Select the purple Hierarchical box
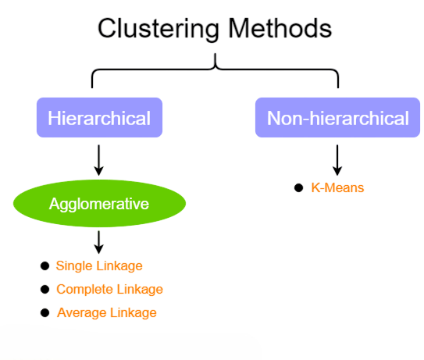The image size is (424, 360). point(99,119)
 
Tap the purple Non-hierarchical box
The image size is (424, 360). point(337,119)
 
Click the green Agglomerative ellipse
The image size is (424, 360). point(99,205)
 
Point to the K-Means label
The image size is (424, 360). point(337,187)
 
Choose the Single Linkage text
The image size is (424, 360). point(99,266)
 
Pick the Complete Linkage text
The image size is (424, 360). point(109,289)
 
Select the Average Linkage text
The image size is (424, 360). point(106,312)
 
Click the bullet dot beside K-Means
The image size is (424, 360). point(298,187)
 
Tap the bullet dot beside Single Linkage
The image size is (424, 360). point(45,266)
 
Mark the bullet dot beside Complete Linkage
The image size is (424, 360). point(45,289)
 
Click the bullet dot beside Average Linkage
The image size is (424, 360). point(45,312)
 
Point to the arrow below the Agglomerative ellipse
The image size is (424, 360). point(99,241)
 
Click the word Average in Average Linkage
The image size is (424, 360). point(80,312)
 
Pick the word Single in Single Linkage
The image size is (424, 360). point(73,266)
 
